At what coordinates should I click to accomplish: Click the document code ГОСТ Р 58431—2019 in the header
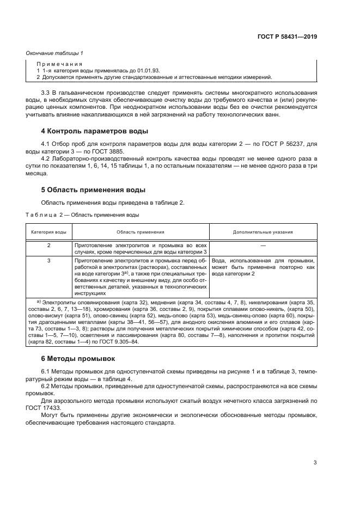(x=287, y=36)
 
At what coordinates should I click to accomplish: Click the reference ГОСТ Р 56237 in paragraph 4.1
(x=287, y=144)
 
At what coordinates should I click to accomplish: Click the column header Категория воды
(x=48, y=231)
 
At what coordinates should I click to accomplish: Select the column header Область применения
(x=141, y=231)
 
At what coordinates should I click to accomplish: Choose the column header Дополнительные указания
(x=263, y=231)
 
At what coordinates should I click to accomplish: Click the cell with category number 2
(x=48, y=246)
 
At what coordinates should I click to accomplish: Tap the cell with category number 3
(x=48, y=261)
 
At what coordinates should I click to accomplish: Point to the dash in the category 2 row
(x=263, y=246)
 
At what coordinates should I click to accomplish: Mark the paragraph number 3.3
(x=46, y=94)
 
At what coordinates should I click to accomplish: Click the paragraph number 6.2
(x=46, y=385)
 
